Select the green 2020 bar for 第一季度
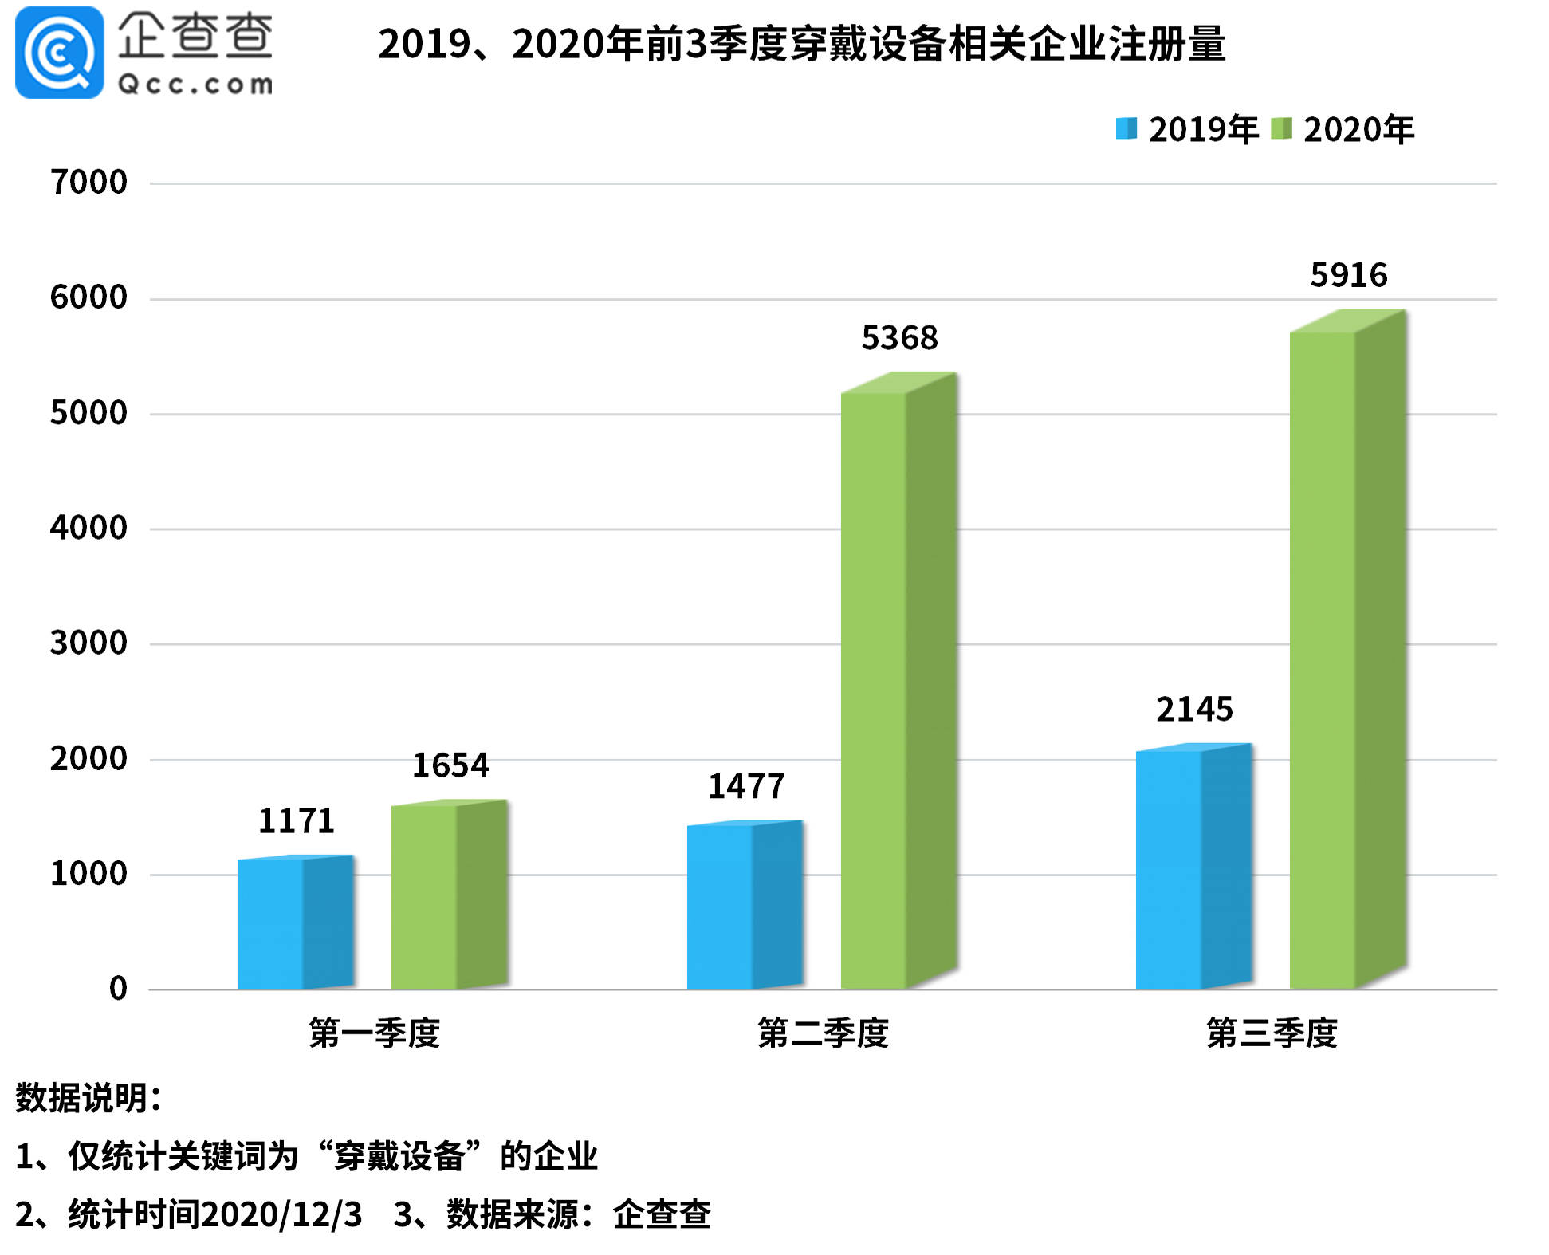[448, 896]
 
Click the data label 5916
[1348, 275]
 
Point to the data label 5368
[899, 338]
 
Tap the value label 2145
[1194, 709]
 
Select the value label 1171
[296, 820]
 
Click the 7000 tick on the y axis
[88, 183]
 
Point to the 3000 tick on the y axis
[88, 643]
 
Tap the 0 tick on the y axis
[118, 989]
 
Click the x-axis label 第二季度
[823, 1033]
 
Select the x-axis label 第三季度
[1272, 1033]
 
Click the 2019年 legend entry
[1186, 130]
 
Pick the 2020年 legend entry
[1343, 130]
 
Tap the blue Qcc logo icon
[59, 53]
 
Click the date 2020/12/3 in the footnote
[281, 1214]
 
